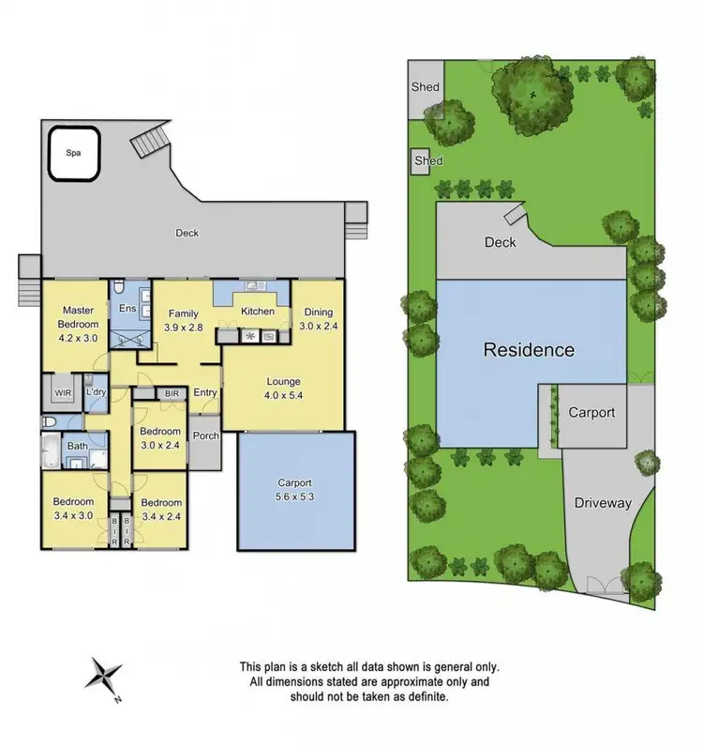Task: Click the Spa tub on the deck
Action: tap(73, 152)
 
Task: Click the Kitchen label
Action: tap(258, 312)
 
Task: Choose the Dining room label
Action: tap(318, 313)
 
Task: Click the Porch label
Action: tap(204, 435)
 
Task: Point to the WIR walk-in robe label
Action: tap(64, 391)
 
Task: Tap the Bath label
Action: tap(76, 446)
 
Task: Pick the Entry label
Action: tap(205, 393)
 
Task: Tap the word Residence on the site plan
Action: tap(529, 350)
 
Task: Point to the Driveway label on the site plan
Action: tap(603, 503)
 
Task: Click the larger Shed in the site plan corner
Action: tap(425, 87)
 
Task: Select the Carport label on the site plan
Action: tap(592, 413)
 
